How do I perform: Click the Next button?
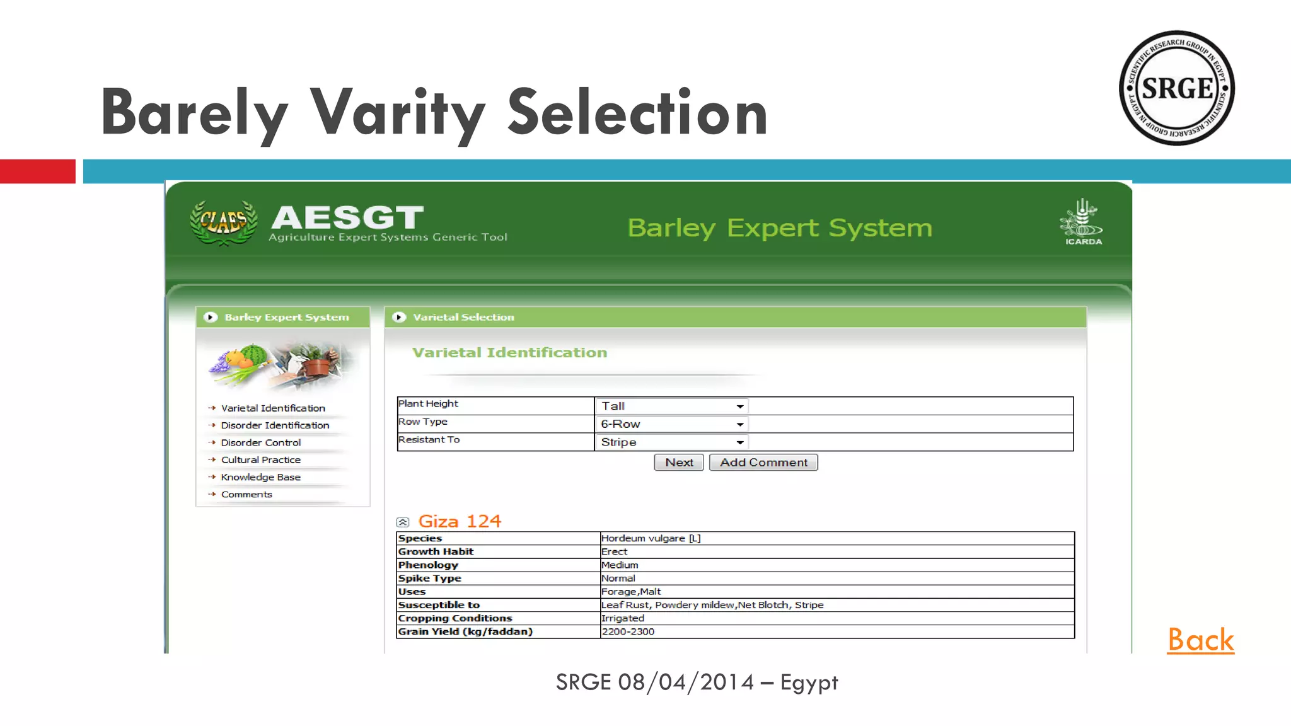[x=678, y=463]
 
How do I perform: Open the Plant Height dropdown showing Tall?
[x=671, y=406]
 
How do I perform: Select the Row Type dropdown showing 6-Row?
[x=671, y=424]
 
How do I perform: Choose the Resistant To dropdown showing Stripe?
[x=671, y=442]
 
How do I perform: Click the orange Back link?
[x=1200, y=640]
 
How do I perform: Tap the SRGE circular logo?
[x=1176, y=88]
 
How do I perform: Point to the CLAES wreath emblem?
[x=224, y=222]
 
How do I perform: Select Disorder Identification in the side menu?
[x=275, y=425]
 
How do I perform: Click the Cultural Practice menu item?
[x=261, y=460]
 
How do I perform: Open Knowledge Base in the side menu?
[x=261, y=477]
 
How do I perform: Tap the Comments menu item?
[x=246, y=495]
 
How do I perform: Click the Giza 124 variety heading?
[x=460, y=522]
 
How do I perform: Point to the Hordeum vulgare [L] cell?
[x=651, y=538]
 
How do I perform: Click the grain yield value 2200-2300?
[x=628, y=631]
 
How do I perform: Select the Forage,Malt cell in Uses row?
[x=631, y=592]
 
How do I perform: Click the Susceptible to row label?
[x=439, y=605]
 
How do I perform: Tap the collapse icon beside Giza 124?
[x=403, y=522]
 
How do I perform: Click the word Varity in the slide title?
[x=398, y=113]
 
